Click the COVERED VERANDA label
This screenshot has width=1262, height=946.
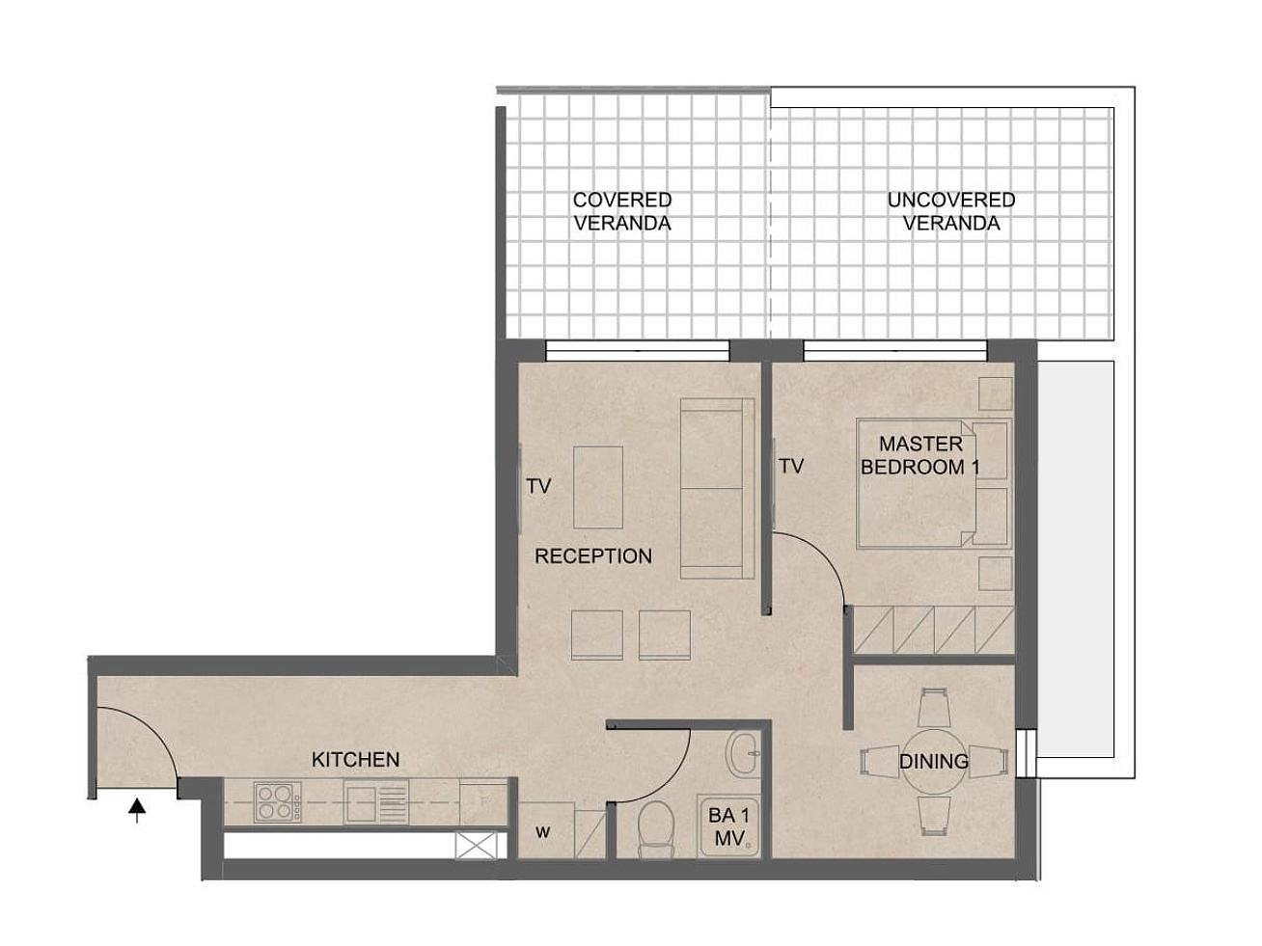(x=622, y=211)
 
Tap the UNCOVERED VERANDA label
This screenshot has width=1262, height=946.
(x=951, y=211)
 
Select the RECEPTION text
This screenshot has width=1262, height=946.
(x=593, y=555)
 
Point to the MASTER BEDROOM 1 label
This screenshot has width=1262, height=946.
(x=920, y=455)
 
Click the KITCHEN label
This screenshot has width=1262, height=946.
(x=355, y=759)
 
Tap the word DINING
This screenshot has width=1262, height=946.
(x=934, y=761)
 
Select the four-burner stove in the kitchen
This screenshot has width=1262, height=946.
(x=278, y=801)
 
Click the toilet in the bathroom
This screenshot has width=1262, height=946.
(x=655, y=830)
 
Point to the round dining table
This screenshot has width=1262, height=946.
(x=934, y=762)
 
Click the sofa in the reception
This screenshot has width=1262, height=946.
(x=717, y=488)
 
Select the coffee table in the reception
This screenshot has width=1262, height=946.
(x=598, y=487)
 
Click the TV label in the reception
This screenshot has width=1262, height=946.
(x=538, y=486)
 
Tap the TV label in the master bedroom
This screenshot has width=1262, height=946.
(x=791, y=466)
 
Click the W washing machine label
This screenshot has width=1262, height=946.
(x=542, y=832)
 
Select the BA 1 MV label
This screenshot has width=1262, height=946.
(x=728, y=826)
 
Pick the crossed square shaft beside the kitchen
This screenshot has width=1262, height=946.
(x=476, y=846)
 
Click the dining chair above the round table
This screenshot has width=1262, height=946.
(x=934, y=709)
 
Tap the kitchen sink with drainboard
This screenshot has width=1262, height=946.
(x=376, y=802)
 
